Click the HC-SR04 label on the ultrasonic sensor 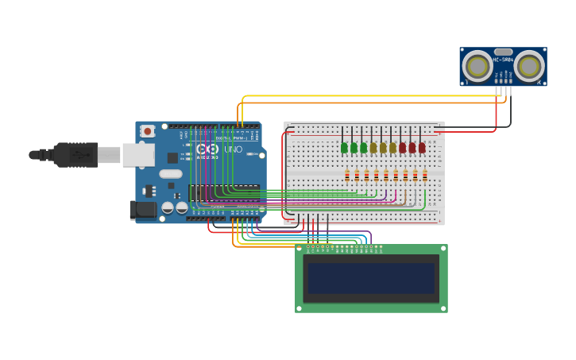coord(503,60)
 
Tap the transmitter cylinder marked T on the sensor coord(477,65)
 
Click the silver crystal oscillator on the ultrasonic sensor coord(503,52)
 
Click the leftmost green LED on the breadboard coord(344,147)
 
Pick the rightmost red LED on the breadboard coord(422,147)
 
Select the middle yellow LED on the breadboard coord(383,147)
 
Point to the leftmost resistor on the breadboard coord(347,176)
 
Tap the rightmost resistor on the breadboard coord(424,176)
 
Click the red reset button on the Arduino coord(148,131)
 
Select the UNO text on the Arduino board coord(233,149)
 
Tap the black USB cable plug coord(77,154)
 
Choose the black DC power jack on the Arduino coord(144,209)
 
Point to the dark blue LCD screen coord(371,278)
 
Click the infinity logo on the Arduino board coord(207,149)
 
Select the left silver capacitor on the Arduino coord(168,207)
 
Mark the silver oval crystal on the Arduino coord(170,174)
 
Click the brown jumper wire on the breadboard coord(405,195)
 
